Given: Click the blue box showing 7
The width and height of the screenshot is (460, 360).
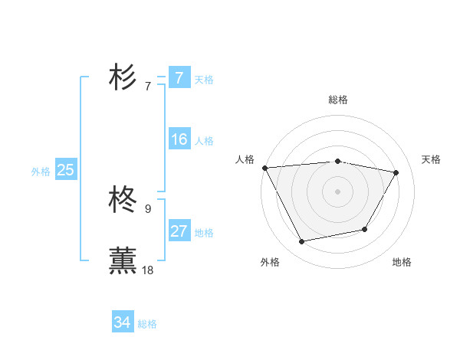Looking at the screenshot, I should [x=179, y=78].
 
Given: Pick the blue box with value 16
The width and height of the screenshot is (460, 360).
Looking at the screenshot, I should [x=179, y=139].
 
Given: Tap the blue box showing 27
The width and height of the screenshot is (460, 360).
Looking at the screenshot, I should [x=179, y=231].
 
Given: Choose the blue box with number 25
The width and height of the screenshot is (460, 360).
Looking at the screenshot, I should [x=65, y=170].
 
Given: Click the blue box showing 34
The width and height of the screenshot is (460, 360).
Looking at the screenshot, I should [x=122, y=322].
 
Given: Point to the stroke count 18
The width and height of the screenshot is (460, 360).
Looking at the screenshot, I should [x=148, y=270].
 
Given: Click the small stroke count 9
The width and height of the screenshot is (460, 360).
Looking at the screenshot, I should [x=148, y=208].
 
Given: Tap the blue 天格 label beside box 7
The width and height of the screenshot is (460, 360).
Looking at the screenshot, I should [x=203, y=80].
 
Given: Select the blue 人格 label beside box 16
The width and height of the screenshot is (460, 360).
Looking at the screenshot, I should [x=203, y=141].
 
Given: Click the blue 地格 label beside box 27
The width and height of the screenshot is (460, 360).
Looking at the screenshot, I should [x=203, y=233].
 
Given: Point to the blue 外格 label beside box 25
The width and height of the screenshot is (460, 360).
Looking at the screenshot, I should [x=41, y=172].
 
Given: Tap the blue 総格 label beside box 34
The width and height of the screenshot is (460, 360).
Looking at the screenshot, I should [x=147, y=324].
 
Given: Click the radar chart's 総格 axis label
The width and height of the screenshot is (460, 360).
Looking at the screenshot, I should [x=337, y=100].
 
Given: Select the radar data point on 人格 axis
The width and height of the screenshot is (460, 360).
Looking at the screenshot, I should [x=264, y=168].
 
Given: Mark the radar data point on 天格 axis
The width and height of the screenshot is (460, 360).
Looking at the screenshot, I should [x=396, y=173].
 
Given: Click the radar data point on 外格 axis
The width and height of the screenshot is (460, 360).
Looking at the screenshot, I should [x=302, y=242].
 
